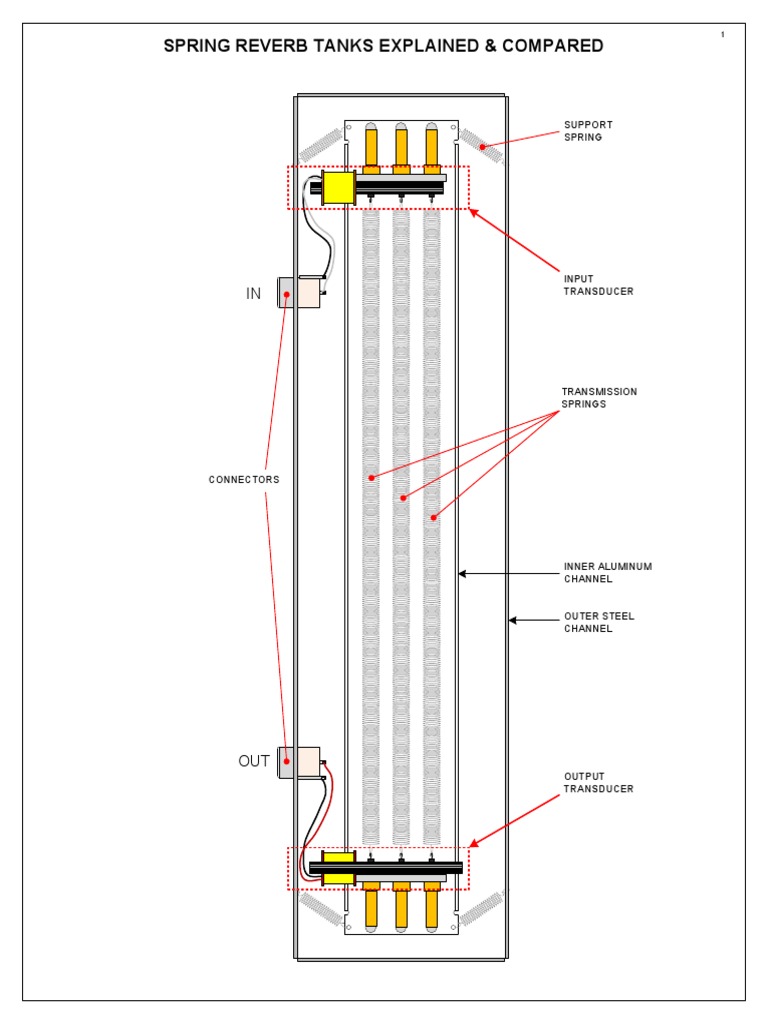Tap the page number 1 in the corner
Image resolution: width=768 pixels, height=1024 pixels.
click(x=722, y=35)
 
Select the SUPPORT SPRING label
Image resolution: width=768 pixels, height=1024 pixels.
click(x=588, y=131)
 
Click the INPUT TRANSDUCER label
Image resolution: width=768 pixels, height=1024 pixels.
click(x=598, y=285)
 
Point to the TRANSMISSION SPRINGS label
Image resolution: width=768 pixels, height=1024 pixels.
click(x=599, y=397)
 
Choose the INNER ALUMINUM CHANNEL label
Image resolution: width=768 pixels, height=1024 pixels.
click(x=607, y=572)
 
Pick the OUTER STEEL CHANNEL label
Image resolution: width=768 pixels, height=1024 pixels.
click(x=599, y=622)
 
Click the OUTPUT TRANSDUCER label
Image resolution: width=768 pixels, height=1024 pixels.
click(x=598, y=782)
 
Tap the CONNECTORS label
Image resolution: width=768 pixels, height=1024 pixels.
click(x=244, y=480)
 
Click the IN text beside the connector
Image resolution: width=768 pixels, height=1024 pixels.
click(x=253, y=293)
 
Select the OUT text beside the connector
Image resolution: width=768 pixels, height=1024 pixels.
click(x=253, y=761)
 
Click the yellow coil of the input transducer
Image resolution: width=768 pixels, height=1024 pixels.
click(x=339, y=187)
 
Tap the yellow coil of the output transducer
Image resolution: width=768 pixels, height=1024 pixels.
click(x=339, y=867)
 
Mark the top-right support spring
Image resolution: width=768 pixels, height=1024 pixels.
click(x=480, y=146)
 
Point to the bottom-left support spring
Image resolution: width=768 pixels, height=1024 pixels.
click(x=321, y=908)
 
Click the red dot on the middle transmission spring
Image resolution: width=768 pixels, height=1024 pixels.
click(x=403, y=497)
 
